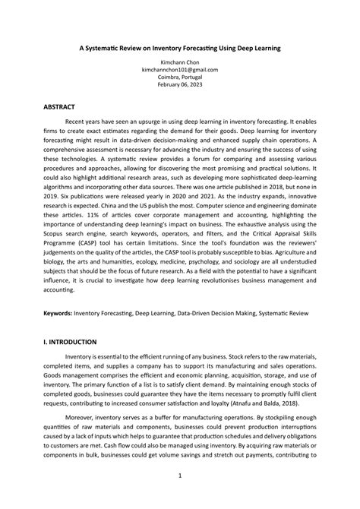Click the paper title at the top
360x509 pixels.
pyautogui.click(x=180, y=47)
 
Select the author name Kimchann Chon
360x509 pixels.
pyautogui.click(x=180, y=62)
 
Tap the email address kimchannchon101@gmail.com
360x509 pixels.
pyautogui.click(x=180, y=69)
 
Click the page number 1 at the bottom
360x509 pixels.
pyautogui.click(x=180, y=476)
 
